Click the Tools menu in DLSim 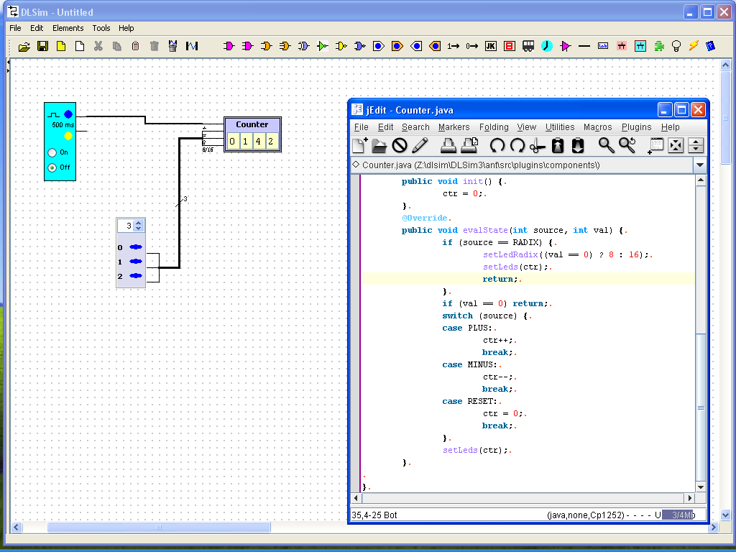tap(101, 28)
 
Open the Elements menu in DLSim tap(68, 28)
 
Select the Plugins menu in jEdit tap(637, 127)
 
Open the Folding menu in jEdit tap(494, 127)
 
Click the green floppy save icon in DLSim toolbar tap(42, 46)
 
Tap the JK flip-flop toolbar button tap(490, 46)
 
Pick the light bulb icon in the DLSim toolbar tap(676, 46)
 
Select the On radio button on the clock tap(52, 152)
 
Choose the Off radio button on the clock tap(52, 167)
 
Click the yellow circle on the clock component tap(68, 136)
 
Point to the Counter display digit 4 tap(258, 142)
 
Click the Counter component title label tap(252, 124)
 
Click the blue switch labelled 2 tap(136, 275)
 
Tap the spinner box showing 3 tap(131, 226)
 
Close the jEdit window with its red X tap(698, 110)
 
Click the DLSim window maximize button tap(707, 11)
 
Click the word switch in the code tap(457, 316)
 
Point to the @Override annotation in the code tap(424, 218)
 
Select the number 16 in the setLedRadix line tap(634, 254)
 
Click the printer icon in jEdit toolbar tap(448, 145)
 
